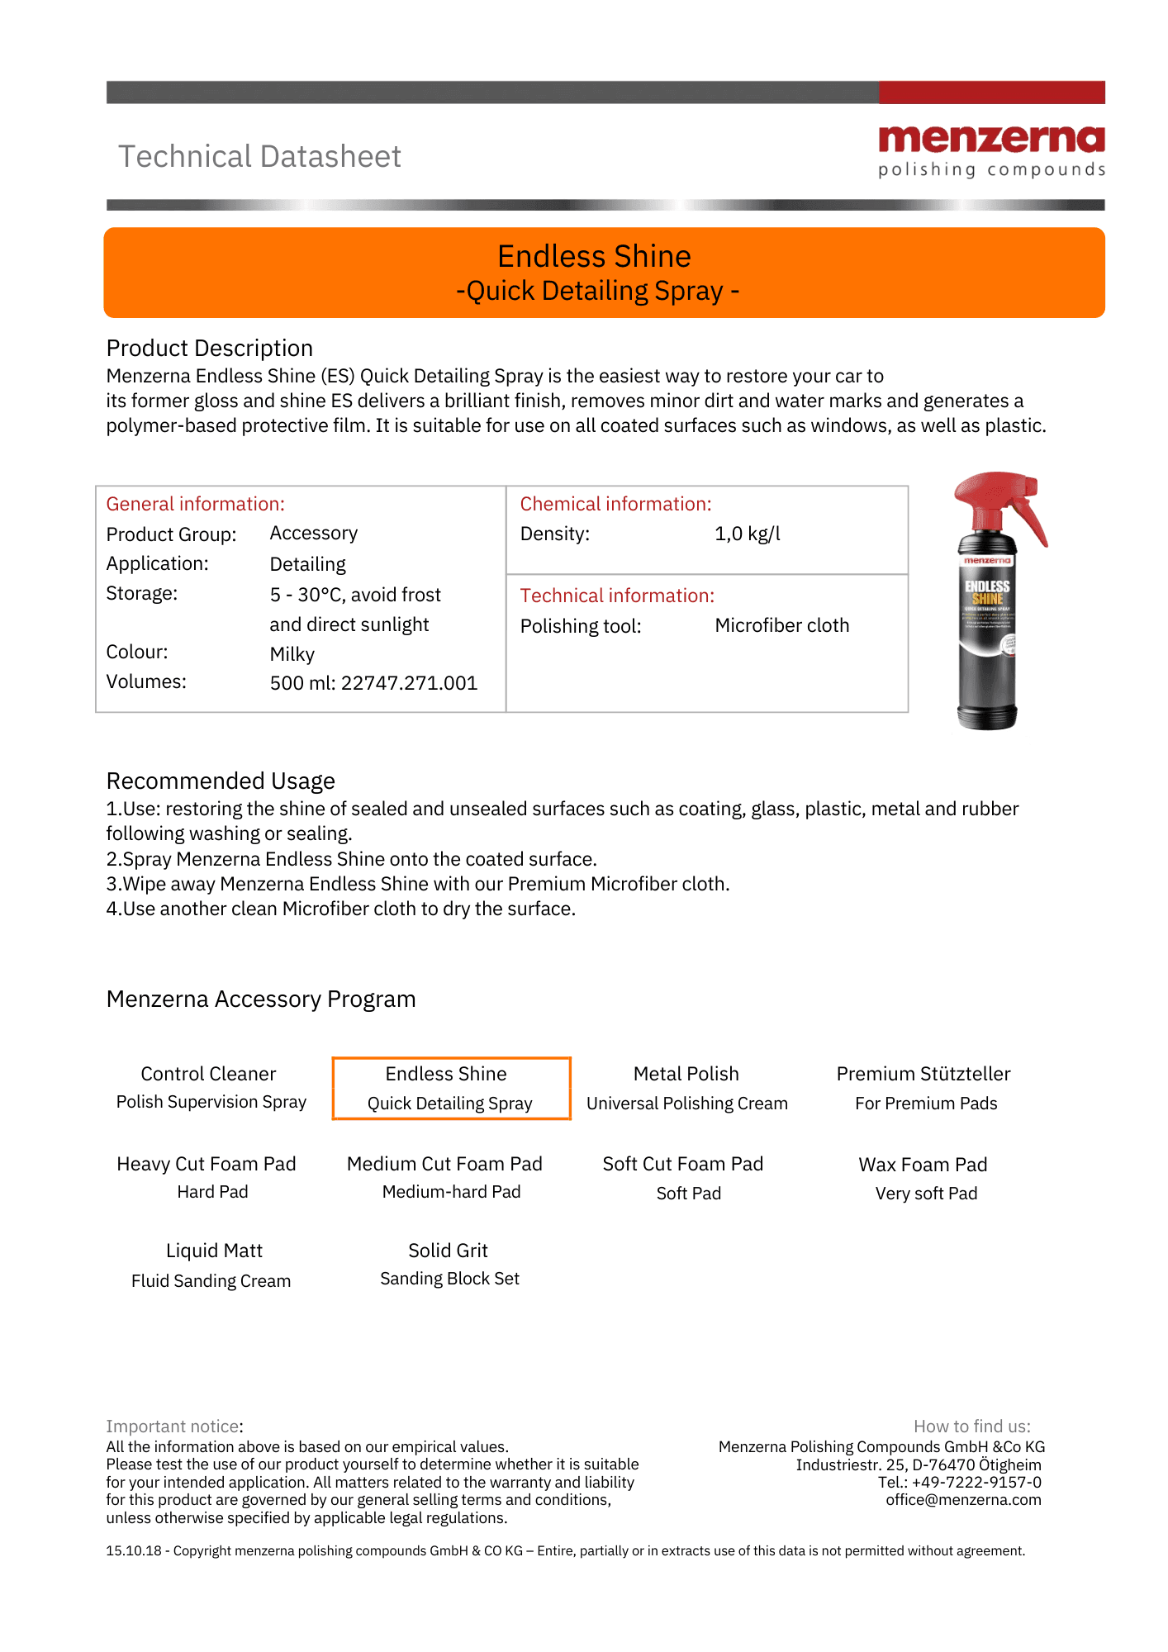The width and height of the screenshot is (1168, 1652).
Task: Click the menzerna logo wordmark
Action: pos(991,140)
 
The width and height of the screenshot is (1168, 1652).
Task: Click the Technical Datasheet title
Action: pos(259,157)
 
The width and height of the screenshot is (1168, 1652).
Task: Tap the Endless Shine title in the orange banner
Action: pos(594,257)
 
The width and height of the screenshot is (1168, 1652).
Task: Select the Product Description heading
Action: pos(210,348)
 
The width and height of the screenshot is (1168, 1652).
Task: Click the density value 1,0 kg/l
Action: pos(747,534)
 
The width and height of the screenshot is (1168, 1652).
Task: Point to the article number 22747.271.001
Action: pos(409,683)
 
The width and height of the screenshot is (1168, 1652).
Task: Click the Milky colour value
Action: pos(292,654)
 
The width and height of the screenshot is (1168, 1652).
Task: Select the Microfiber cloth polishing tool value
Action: pos(781,625)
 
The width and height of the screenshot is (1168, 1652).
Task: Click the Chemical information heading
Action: pos(615,504)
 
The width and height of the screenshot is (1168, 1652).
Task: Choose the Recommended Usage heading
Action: pos(221,781)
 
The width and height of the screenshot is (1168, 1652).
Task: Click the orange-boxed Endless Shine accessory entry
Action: pos(451,1089)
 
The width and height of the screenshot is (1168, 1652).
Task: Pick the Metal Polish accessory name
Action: pos(686,1074)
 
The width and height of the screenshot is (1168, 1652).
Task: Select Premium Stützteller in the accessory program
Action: pos(923,1074)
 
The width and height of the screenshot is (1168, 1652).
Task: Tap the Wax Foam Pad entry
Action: pos(923,1165)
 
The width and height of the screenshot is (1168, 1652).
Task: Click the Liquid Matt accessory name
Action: pos(214,1251)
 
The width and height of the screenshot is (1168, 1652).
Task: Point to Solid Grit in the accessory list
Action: pos(448,1251)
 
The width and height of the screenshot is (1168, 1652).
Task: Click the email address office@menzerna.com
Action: pos(963,1499)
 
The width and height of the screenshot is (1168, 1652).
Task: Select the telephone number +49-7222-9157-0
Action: pos(976,1482)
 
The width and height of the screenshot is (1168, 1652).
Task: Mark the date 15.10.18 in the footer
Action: pos(134,1550)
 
